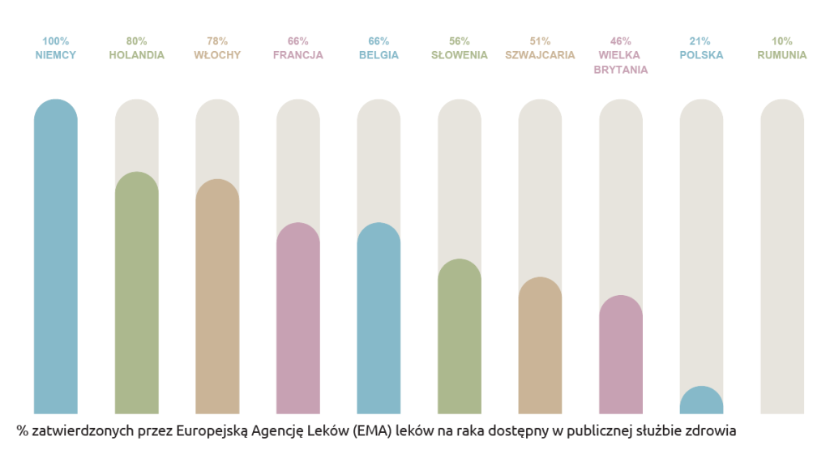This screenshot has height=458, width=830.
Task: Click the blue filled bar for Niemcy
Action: (x=55, y=259)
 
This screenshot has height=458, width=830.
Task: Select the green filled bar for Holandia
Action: (x=136, y=296)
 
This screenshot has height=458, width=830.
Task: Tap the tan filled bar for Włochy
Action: (x=217, y=300)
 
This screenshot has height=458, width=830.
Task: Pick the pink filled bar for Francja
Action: (x=298, y=320)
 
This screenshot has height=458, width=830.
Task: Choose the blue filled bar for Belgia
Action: (x=379, y=320)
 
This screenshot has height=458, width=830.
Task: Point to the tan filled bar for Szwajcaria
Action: (x=540, y=349)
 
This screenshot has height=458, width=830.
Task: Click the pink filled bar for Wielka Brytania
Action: (x=621, y=357)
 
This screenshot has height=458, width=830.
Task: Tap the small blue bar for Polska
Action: (x=701, y=401)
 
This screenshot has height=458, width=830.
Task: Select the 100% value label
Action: (x=55, y=41)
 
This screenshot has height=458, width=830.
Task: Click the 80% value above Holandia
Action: (x=136, y=41)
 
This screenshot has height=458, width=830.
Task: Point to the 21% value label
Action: (x=702, y=41)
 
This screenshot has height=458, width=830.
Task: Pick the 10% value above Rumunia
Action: (x=782, y=41)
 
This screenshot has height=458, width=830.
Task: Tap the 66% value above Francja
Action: (x=298, y=41)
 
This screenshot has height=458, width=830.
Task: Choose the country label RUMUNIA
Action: (x=782, y=55)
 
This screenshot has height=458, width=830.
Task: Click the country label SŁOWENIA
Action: (x=460, y=55)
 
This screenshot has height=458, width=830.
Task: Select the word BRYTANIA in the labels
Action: (x=621, y=70)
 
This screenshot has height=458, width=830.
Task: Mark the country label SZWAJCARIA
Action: (x=540, y=55)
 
